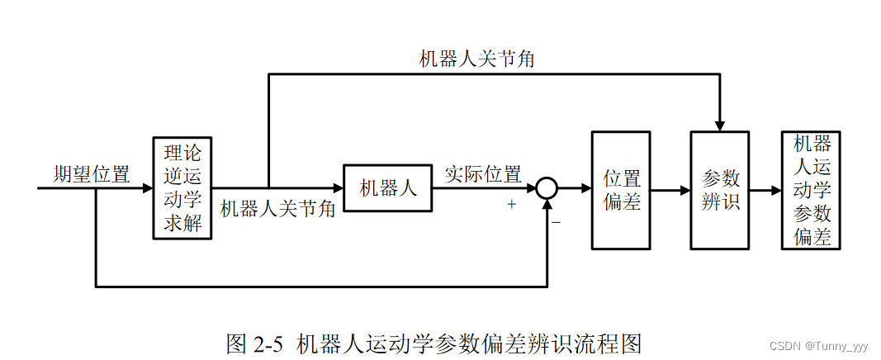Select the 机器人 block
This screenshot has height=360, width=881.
[387, 188]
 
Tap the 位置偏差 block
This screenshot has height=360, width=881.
[621, 189]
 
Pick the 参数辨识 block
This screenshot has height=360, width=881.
[719, 189]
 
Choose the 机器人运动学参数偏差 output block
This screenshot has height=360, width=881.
[810, 190]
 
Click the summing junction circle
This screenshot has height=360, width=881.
[547, 189]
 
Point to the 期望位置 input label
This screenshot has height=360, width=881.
[91, 175]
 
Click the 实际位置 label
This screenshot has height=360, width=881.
[482, 175]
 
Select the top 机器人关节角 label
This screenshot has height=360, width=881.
[477, 59]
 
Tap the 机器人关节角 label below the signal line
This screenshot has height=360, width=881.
[277, 209]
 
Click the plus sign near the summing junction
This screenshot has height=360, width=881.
[512, 205]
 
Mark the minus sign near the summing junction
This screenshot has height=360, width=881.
[557, 221]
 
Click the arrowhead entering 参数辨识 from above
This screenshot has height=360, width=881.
[719, 125]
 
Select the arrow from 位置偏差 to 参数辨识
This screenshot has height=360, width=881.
[670, 190]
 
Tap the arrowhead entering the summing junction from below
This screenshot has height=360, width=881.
[547, 206]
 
